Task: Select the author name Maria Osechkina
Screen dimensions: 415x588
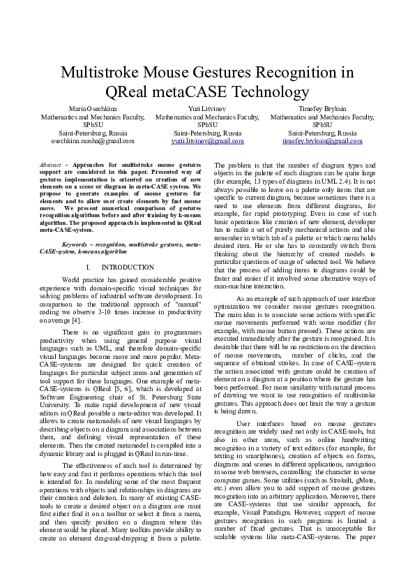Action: click(92, 110)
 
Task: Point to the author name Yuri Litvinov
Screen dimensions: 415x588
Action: click(207, 110)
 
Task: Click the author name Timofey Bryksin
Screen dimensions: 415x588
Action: click(322, 110)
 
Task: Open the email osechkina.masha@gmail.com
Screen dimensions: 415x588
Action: click(92, 140)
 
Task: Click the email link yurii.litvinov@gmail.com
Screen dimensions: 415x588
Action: click(207, 140)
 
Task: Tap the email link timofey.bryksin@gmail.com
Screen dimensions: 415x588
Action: click(322, 140)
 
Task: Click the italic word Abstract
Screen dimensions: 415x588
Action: click(50, 163)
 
